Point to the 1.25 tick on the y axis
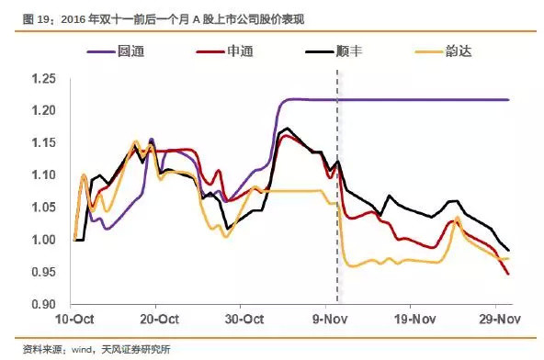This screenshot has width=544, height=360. [x=42, y=78]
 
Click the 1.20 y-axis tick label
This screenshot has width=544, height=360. [x=42, y=110]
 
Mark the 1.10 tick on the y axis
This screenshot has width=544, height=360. [x=42, y=174]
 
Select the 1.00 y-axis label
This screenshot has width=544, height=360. [x=42, y=240]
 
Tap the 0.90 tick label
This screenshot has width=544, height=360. [x=42, y=304]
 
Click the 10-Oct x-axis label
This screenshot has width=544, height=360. [x=75, y=321]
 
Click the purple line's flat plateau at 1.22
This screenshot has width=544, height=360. [x=414, y=99]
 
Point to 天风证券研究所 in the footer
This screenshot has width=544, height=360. [x=138, y=349]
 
